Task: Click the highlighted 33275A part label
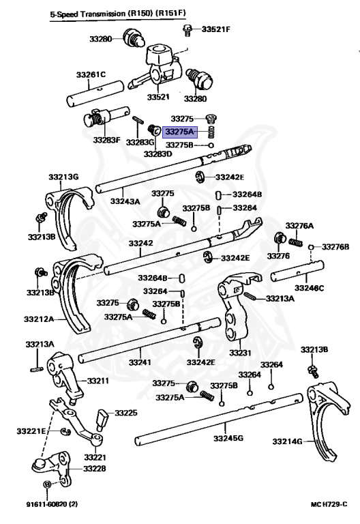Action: [180, 132]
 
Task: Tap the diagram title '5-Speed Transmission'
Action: [88, 14]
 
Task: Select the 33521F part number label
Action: [215, 29]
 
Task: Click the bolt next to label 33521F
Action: [187, 30]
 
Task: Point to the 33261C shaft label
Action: [91, 74]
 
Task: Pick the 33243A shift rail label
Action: [125, 201]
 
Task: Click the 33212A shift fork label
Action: [39, 319]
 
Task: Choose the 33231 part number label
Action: [240, 353]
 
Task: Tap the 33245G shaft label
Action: [228, 438]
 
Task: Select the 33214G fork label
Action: [287, 441]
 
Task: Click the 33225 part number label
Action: [126, 413]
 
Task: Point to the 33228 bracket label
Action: [95, 469]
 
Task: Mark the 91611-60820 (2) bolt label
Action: [52, 504]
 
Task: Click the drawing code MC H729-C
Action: [329, 504]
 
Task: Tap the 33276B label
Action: [335, 247]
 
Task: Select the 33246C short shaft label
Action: [309, 287]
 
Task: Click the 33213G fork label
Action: [63, 177]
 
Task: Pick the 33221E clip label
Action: [31, 431]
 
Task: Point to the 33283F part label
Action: [106, 140]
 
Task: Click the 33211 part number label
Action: [98, 381]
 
